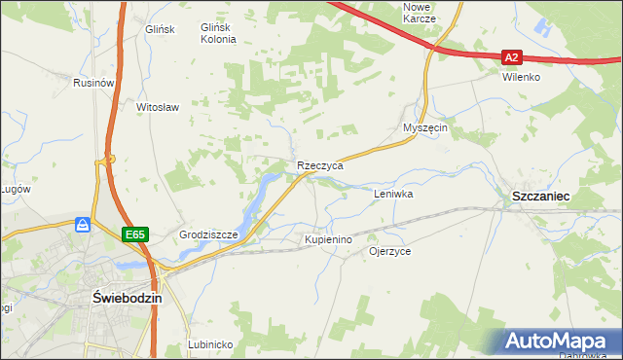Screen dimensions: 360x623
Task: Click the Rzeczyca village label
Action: pyautogui.click(x=320, y=166)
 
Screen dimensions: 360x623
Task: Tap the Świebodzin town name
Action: pyautogui.click(x=126, y=299)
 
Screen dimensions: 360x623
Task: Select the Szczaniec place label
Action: pyautogui.click(x=541, y=197)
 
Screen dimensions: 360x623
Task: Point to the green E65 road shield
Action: pyautogui.click(x=135, y=234)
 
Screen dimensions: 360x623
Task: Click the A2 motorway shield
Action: pyautogui.click(x=514, y=57)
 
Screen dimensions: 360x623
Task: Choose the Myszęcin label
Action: pyautogui.click(x=425, y=128)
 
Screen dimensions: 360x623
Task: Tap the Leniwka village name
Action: pyautogui.click(x=394, y=195)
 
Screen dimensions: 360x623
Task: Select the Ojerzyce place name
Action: pyautogui.click(x=389, y=251)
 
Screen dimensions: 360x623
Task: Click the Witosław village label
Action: pyautogui.click(x=158, y=107)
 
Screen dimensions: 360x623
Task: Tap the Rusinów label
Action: pyautogui.click(x=94, y=84)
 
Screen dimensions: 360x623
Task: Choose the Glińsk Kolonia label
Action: pyautogui.click(x=219, y=34)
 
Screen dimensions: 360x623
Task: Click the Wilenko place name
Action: pyautogui.click(x=521, y=77)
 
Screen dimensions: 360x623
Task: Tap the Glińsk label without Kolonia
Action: pyautogui.click(x=158, y=29)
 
